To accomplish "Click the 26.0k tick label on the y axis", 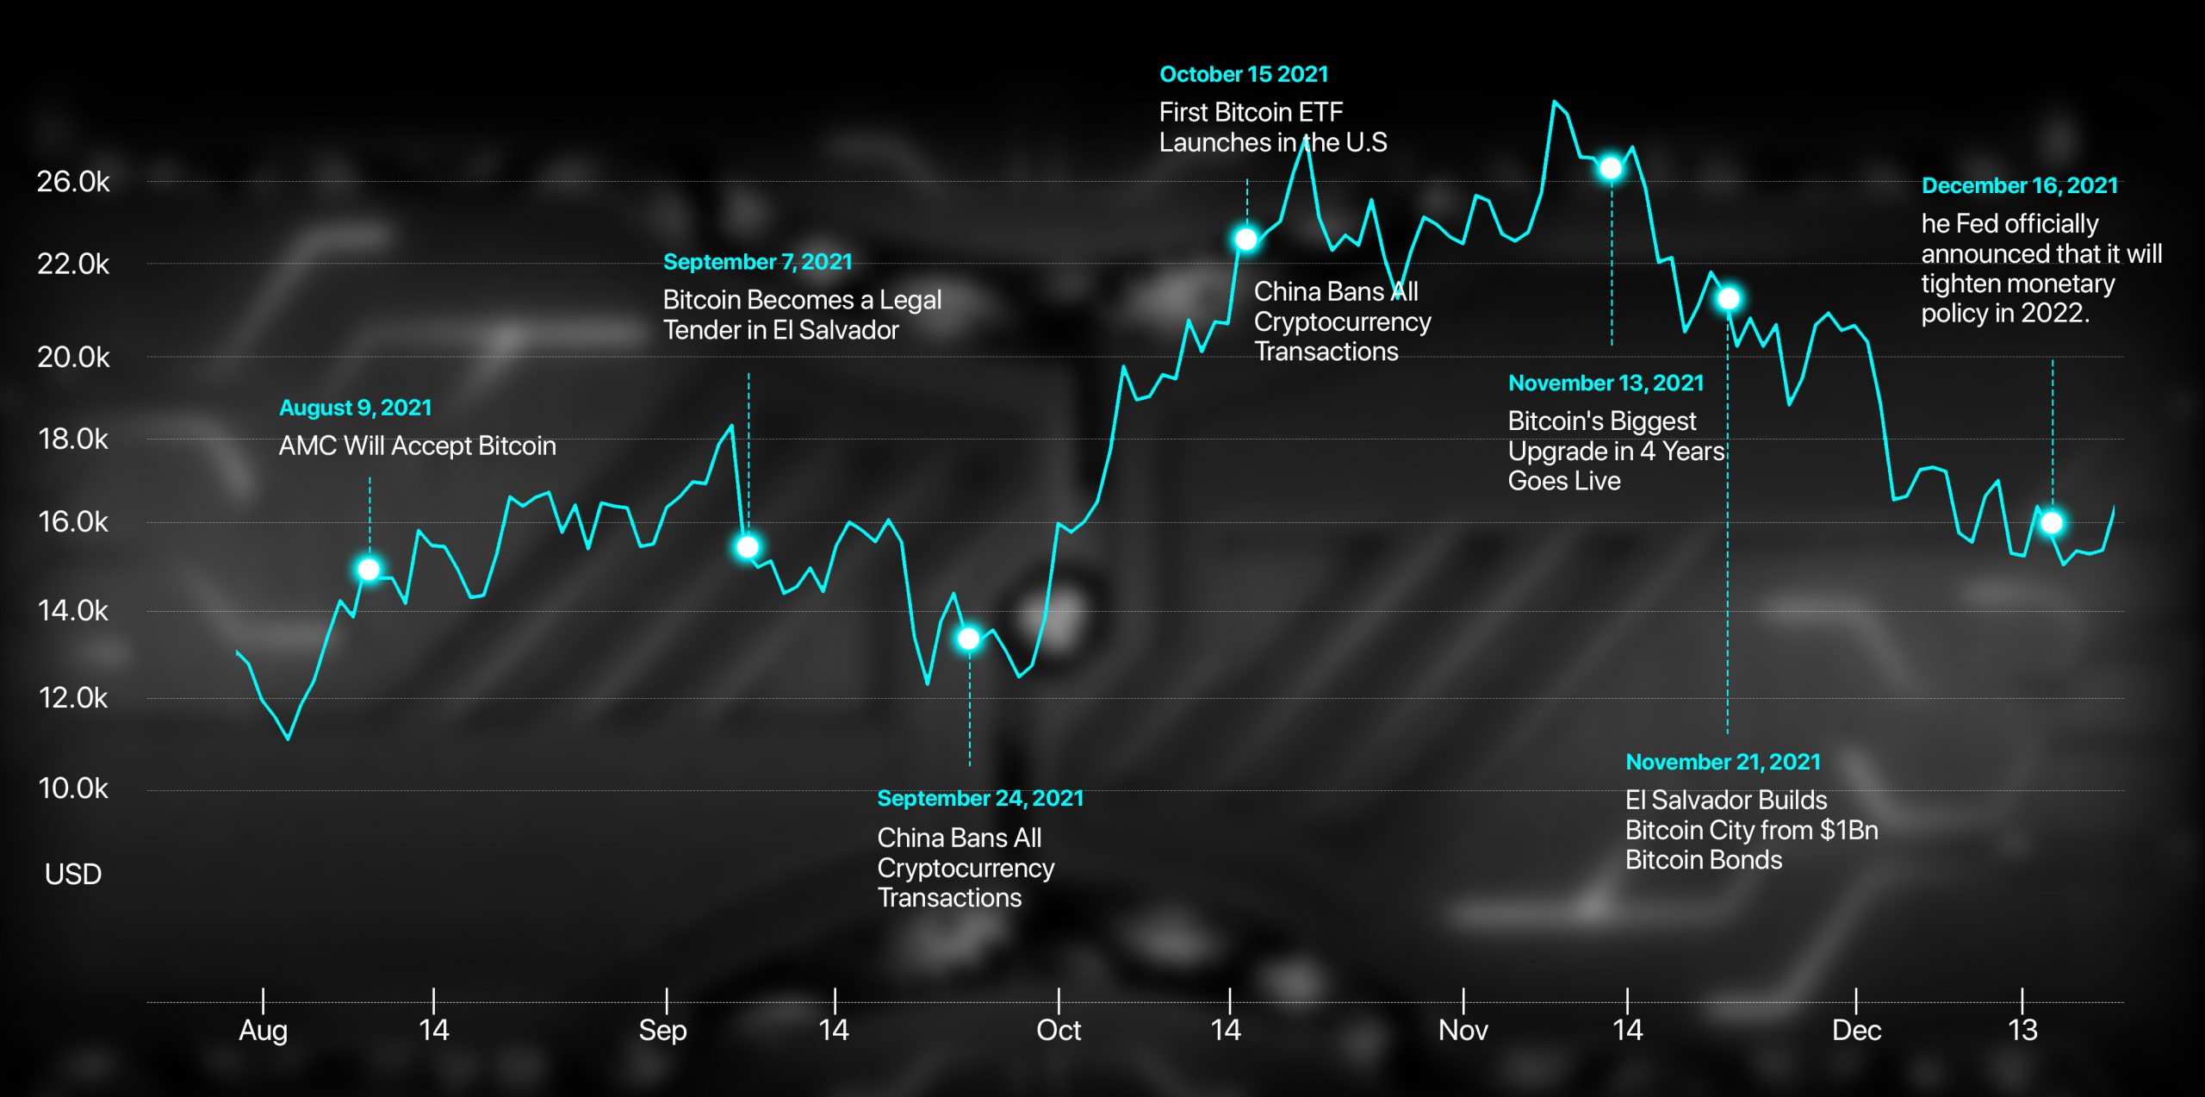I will [73, 182].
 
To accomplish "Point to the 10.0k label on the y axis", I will [73, 788].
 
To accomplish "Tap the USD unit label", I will [73, 875].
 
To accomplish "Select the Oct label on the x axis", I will [1059, 1031].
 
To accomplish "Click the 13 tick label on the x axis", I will [2022, 1031].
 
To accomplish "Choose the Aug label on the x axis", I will [263, 1031].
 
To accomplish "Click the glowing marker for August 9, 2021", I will [369, 570].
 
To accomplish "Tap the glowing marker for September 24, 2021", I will [968, 639].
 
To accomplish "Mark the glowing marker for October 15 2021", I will [1245, 239].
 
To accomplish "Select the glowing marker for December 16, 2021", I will [2052, 523].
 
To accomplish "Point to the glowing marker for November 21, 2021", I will [1728, 299].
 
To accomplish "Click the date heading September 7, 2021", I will [757, 262].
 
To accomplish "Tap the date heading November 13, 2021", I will [1606, 383].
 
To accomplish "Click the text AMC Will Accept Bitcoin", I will [417, 446].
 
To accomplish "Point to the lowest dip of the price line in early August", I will [288, 739].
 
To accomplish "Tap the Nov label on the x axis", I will [1463, 1031].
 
